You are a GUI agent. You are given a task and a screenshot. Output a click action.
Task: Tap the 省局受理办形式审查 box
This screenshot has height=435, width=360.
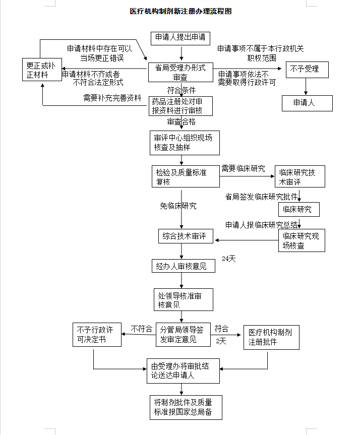click(x=180, y=73)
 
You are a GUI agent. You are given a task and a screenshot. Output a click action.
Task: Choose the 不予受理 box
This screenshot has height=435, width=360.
click(x=306, y=69)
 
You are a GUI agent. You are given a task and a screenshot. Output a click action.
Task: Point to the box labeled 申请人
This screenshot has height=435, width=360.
click(x=306, y=103)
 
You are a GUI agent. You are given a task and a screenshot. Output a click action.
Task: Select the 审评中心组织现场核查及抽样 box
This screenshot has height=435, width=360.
click(x=185, y=143)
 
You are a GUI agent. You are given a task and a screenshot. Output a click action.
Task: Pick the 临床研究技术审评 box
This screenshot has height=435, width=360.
click(x=299, y=176)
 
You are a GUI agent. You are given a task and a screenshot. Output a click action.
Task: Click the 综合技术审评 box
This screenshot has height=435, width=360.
click(x=186, y=236)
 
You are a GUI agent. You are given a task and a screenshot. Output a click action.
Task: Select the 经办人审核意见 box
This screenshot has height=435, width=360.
click(x=184, y=266)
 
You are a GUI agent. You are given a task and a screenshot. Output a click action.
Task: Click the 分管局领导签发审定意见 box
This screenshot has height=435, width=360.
click(x=183, y=334)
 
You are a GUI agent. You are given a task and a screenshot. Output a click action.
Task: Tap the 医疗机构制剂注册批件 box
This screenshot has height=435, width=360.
click(x=269, y=337)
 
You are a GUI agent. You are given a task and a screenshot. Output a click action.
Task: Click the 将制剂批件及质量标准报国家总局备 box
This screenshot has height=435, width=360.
click(x=184, y=407)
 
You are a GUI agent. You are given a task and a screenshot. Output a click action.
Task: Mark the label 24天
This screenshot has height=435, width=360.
click(x=229, y=259)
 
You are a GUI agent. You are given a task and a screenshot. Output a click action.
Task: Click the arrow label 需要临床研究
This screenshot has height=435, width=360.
click(x=243, y=168)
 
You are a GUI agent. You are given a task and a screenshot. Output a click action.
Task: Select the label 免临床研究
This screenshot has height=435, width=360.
click(x=178, y=206)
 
